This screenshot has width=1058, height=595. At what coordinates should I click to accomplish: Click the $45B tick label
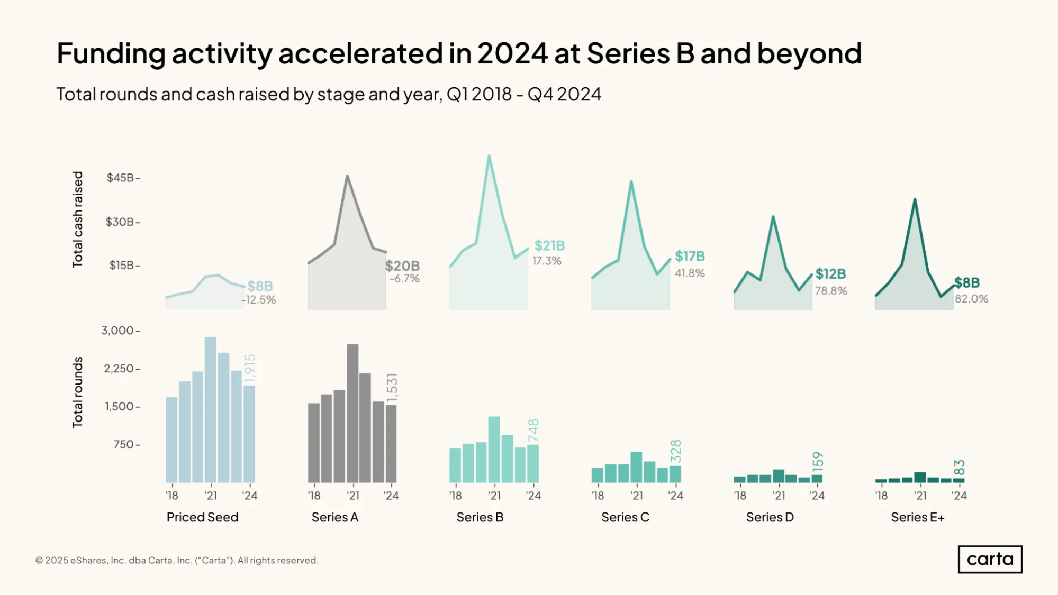click(x=120, y=178)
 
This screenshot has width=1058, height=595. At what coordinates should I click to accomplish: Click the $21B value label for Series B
click(x=549, y=245)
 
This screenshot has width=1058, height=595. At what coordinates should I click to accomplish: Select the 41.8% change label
click(x=690, y=273)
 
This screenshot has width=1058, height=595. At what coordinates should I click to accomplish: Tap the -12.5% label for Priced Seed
click(x=259, y=299)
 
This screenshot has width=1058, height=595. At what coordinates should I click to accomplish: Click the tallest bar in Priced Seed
click(x=210, y=410)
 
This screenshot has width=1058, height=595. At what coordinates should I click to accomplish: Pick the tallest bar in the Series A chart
click(x=352, y=413)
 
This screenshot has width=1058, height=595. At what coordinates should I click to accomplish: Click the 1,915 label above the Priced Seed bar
click(x=250, y=369)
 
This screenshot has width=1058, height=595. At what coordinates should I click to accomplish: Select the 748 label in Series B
click(x=533, y=430)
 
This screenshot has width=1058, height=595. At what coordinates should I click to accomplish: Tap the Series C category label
click(x=625, y=517)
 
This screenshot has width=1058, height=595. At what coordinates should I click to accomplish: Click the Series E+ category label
click(x=918, y=517)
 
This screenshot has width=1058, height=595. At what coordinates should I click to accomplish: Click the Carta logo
click(x=990, y=559)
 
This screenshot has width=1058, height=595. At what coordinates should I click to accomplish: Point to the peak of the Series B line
click(x=489, y=155)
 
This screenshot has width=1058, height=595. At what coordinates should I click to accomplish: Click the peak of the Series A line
click(x=347, y=176)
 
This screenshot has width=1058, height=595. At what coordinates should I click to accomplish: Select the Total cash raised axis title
click(x=78, y=219)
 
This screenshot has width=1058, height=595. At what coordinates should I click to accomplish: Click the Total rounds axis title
click(x=78, y=392)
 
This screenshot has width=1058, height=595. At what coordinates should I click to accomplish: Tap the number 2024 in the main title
click(x=512, y=53)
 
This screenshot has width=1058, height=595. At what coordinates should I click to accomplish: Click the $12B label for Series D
click(x=830, y=273)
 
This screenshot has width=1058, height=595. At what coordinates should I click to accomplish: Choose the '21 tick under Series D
click(x=779, y=496)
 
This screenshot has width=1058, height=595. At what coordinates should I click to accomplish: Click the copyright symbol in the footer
click(x=39, y=560)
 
